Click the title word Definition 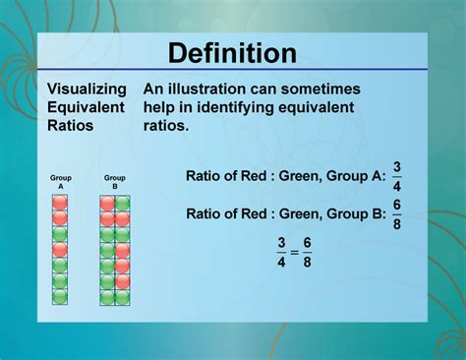coord(232,54)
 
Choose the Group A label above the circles coord(60,182)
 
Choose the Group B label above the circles coord(115,182)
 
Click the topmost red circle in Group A coord(60,203)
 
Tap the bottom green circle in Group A coord(60,297)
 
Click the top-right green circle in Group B coord(123,203)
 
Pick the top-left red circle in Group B coord(107,203)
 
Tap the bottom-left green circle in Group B coord(107,297)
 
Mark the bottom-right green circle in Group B coord(123,297)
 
